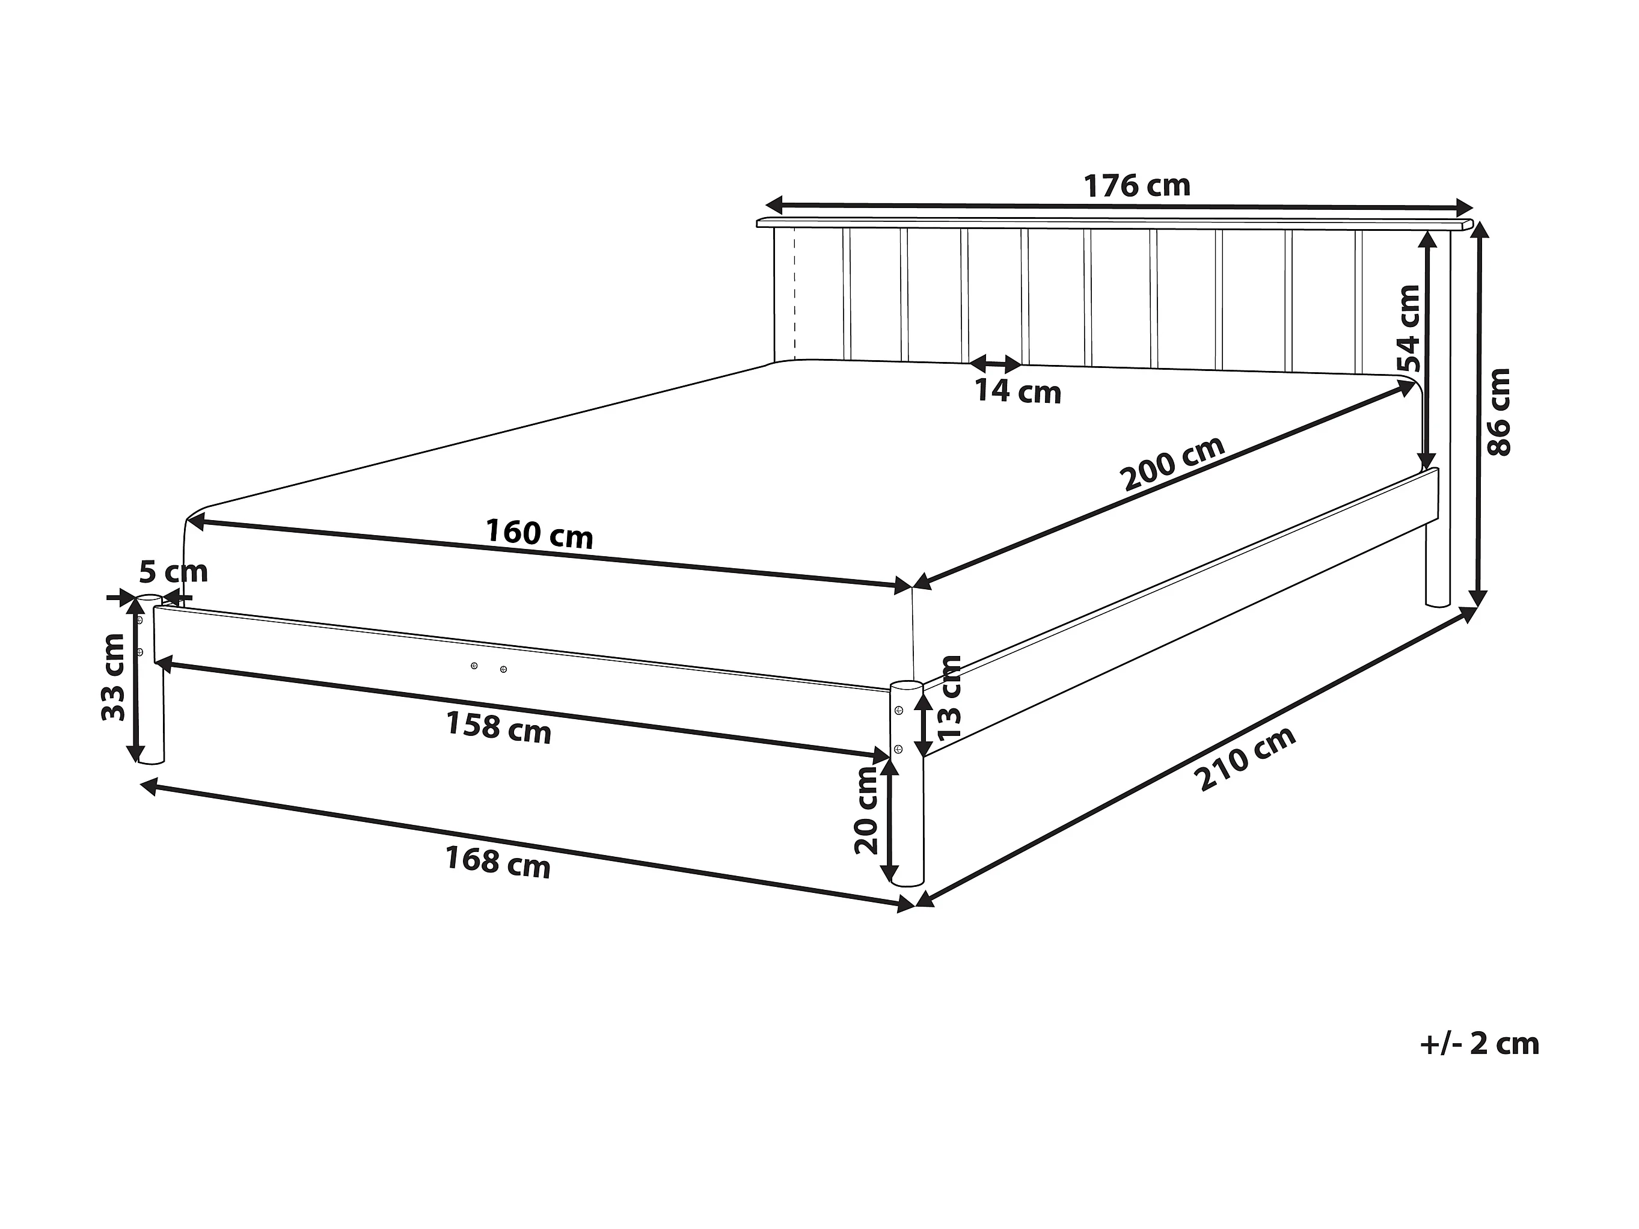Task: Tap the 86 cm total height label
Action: [x=1499, y=412]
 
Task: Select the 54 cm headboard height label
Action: [x=1409, y=328]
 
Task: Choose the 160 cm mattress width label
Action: [x=539, y=533]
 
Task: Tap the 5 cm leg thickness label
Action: [x=173, y=572]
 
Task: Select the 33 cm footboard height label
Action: [x=114, y=676]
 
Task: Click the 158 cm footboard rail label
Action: [x=498, y=728]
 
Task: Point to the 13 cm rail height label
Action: [x=949, y=697]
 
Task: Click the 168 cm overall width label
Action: [x=498, y=862]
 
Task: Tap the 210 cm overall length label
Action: [x=1248, y=759]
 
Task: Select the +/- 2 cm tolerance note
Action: [x=1479, y=1044]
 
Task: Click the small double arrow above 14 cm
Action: [x=996, y=364]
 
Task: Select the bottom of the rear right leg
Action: [x=1438, y=603]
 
